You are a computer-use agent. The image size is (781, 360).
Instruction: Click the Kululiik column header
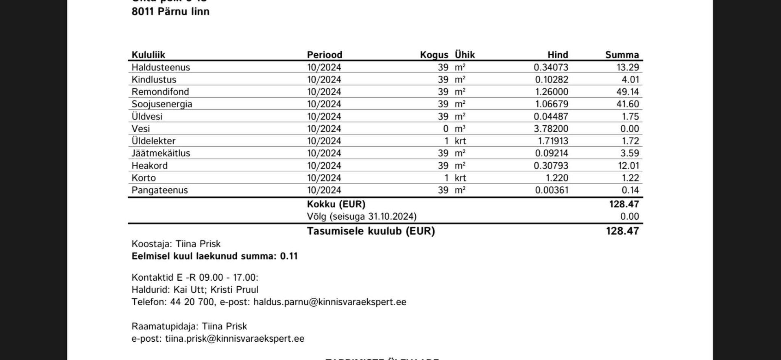148,55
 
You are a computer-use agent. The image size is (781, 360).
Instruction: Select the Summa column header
622,55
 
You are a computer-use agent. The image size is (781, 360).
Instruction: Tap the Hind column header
557,55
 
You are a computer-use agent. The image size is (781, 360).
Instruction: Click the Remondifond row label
160,92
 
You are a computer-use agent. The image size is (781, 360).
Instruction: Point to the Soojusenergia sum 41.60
627,104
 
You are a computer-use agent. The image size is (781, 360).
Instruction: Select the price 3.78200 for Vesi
551,129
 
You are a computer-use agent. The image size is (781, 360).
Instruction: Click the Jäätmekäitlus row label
161,153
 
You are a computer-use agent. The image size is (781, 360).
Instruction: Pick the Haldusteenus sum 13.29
627,68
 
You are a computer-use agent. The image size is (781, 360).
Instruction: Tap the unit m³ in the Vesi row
460,129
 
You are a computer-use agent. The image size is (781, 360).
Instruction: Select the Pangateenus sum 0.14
630,190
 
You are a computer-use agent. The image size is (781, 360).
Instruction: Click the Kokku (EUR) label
336,204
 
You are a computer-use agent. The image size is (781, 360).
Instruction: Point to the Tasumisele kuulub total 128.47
622,231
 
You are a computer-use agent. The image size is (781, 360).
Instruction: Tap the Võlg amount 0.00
629,216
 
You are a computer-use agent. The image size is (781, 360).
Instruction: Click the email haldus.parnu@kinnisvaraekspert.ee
329,302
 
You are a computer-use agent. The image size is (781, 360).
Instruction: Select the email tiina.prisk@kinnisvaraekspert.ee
234,339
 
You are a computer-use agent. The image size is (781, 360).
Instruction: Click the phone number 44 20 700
192,302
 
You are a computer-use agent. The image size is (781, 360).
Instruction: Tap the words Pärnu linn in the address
183,11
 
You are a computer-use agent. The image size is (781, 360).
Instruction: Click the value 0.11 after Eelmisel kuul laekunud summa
289,256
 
